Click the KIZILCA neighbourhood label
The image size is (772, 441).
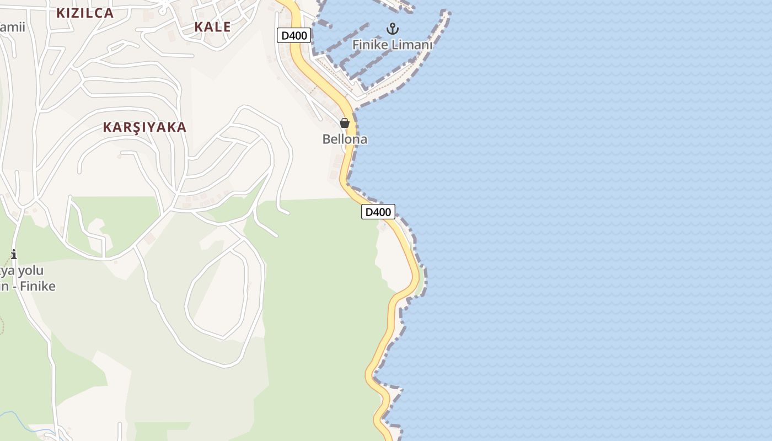(x=85, y=13)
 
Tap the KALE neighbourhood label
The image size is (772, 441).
(x=212, y=26)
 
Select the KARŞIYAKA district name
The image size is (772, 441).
(x=144, y=127)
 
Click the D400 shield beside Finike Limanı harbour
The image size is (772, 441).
(x=294, y=36)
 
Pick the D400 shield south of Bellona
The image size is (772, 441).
(x=378, y=212)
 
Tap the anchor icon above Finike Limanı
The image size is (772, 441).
(x=393, y=28)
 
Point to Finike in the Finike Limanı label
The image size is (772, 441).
(x=371, y=45)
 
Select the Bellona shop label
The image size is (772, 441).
(x=345, y=139)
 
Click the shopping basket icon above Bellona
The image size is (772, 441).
(x=345, y=123)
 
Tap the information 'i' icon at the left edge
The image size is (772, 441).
(x=14, y=254)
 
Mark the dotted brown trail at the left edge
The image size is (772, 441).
(x=2, y=325)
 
